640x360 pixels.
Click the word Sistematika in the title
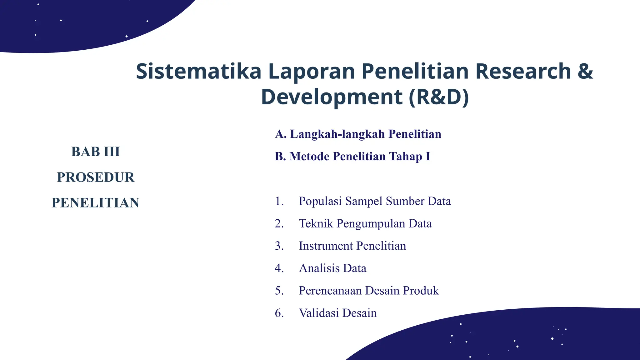pyautogui.click(x=198, y=71)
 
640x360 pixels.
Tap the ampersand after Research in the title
pyautogui.click(x=585, y=71)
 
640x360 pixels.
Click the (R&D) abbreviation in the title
pyautogui.click(x=439, y=97)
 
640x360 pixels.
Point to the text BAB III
pyautogui.click(x=96, y=152)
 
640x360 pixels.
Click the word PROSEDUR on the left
pyautogui.click(x=96, y=177)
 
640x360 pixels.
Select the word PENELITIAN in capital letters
pyautogui.click(x=96, y=203)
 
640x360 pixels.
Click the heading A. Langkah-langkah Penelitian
pyautogui.click(x=358, y=134)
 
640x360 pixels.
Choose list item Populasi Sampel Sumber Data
pyautogui.click(x=375, y=201)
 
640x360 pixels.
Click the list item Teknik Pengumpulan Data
pyautogui.click(x=365, y=224)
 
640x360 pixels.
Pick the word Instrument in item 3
pyautogui.click(x=326, y=246)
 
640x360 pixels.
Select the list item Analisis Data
pyautogui.click(x=332, y=268)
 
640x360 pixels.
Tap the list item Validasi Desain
pyautogui.click(x=337, y=313)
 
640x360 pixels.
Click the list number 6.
pyautogui.click(x=279, y=313)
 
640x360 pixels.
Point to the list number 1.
pyautogui.click(x=279, y=201)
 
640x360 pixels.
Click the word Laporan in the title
pyautogui.click(x=312, y=71)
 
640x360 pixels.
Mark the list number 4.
pyautogui.click(x=279, y=268)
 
